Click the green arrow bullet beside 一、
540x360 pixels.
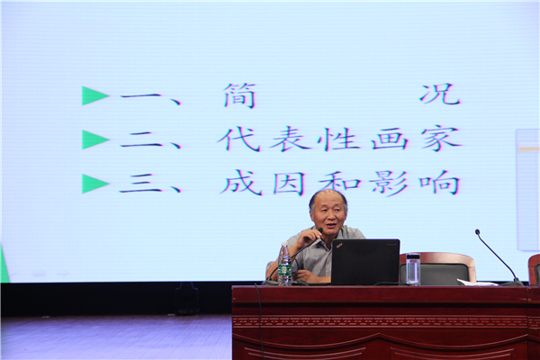(95, 95)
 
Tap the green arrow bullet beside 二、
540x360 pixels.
(95, 139)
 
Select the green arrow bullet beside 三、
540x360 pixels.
(95, 183)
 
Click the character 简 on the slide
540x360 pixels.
(239, 95)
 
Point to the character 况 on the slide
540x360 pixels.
(440, 94)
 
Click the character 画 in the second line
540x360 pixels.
(389, 139)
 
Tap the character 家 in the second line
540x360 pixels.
(441, 139)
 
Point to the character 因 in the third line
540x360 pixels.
(289, 183)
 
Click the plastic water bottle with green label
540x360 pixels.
(284, 264)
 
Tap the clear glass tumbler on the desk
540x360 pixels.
(413, 269)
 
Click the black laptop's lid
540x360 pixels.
(365, 261)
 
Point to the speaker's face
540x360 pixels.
(328, 215)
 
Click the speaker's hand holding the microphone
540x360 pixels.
(310, 237)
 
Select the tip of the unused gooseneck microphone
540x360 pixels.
(477, 232)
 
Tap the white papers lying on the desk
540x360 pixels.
(478, 282)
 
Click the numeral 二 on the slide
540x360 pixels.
(141, 140)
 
